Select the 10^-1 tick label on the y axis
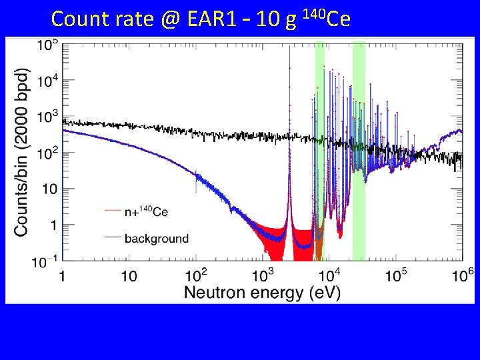46,263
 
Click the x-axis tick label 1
63,275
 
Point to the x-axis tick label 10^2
195,274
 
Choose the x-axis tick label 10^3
262,274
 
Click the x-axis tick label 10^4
329,274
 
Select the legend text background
157,238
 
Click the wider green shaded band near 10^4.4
359,150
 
